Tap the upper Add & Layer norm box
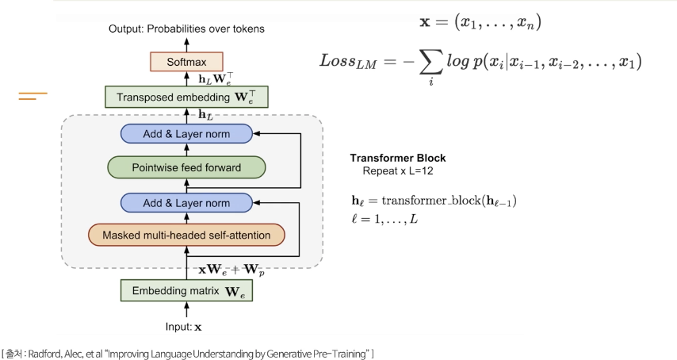coord(186,134)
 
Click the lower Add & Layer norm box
coord(186,202)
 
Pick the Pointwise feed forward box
coord(186,167)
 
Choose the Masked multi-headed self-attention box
coord(186,236)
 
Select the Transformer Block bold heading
coord(398,158)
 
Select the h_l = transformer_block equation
coord(434,201)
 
